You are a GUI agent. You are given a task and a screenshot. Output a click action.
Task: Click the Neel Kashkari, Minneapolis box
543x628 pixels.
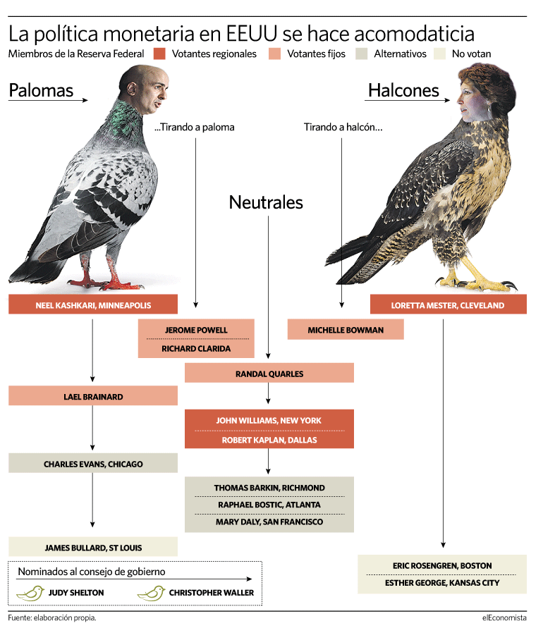pyautogui.click(x=93, y=304)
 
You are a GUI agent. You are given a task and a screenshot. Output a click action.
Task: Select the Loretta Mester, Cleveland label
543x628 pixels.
pyautogui.click(x=448, y=306)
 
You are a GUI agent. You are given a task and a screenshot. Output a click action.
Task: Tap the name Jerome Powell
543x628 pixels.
pyautogui.click(x=196, y=330)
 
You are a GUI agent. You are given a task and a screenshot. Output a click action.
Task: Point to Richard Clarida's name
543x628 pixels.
pyautogui.click(x=196, y=348)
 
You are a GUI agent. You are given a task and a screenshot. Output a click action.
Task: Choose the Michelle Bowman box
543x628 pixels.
pyautogui.click(x=346, y=329)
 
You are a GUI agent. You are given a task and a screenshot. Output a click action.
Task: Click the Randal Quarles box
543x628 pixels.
pyautogui.click(x=269, y=373)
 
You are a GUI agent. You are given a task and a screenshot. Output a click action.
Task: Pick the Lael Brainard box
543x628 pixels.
pyautogui.click(x=93, y=395)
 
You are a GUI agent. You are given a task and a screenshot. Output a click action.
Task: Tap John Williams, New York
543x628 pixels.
pyautogui.click(x=269, y=421)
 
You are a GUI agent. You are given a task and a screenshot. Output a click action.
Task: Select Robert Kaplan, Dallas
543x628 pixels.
pyautogui.click(x=269, y=440)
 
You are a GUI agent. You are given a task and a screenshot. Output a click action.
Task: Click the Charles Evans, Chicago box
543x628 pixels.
pyautogui.click(x=93, y=463)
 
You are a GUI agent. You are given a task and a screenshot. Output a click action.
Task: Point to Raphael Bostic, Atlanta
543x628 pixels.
pyautogui.click(x=269, y=505)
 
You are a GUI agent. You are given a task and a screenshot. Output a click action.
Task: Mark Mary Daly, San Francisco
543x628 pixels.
pyautogui.click(x=269, y=522)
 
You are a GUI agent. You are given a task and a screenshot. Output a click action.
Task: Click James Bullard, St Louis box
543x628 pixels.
pyautogui.click(x=93, y=547)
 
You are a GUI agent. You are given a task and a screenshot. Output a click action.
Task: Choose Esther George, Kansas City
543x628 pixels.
pyautogui.click(x=442, y=583)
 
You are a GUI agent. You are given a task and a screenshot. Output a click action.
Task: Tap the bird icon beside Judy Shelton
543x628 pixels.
pyautogui.click(x=30, y=593)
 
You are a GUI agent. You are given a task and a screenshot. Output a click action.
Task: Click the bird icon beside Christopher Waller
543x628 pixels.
pyautogui.click(x=151, y=593)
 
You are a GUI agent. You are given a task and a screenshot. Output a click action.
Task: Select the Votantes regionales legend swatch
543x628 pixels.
pyautogui.click(x=159, y=54)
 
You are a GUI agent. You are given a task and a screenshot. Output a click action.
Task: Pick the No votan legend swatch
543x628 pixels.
pyautogui.click(x=439, y=54)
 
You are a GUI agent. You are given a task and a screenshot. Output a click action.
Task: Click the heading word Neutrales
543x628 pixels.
pyautogui.click(x=266, y=202)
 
